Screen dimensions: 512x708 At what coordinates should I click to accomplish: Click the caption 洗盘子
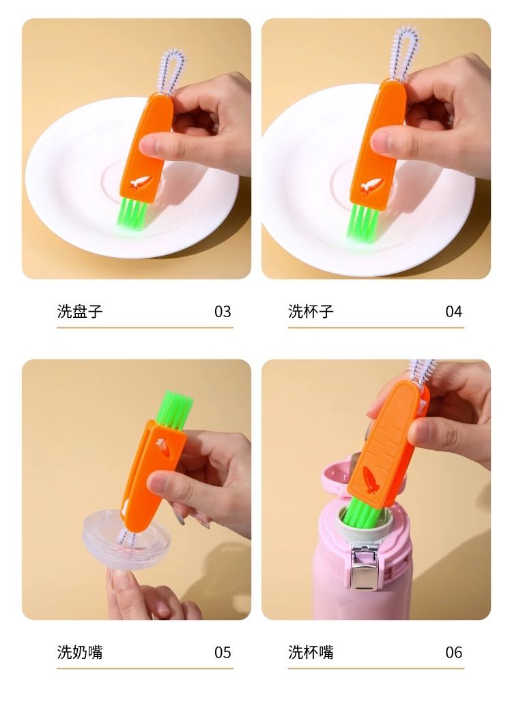(x=80, y=311)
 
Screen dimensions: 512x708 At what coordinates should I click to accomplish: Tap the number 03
(x=223, y=312)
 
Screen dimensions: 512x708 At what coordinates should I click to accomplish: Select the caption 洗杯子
(x=311, y=311)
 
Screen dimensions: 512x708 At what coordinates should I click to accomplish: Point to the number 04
(x=454, y=312)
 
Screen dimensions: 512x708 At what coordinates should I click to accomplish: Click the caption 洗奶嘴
(x=80, y=652)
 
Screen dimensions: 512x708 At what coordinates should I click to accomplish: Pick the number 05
(x=223, y=653)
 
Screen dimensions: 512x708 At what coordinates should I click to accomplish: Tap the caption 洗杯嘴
(x=311, y=652)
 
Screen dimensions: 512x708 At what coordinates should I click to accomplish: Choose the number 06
(x=454, y=653)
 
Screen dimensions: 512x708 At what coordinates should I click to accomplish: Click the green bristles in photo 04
(x=363, y=222)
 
